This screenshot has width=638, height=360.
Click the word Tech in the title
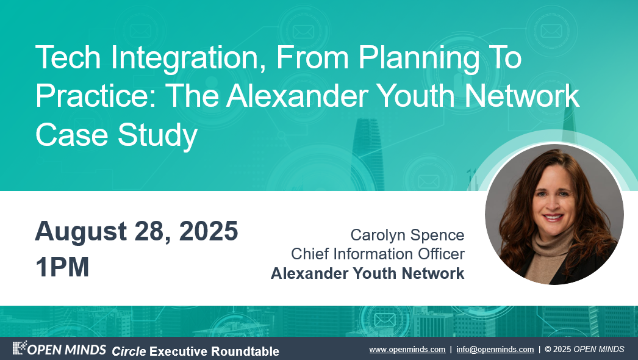click(x=68, y=57)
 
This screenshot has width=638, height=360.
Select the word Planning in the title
click(x=419, y=60)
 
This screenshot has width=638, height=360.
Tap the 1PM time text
click(x=62, y=267)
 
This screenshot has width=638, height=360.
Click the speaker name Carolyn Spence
click(x=407, y=236)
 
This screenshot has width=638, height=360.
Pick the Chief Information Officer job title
click(x=378, y=254)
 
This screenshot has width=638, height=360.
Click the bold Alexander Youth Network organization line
click(x=367, y=273)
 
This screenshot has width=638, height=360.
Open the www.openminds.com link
click(x=407, y=350)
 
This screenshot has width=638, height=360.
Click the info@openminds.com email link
click(x=495, y=350)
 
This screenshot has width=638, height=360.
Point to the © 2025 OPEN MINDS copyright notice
click(x=584, y=350)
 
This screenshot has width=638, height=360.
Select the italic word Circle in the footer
click(x=129, y=351)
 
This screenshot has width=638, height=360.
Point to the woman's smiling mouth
click(x=553, y=218)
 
